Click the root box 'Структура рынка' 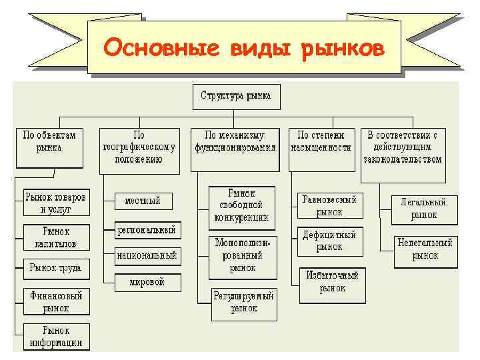(x=236, y=96)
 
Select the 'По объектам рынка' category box (x=49, y=147)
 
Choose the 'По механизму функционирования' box (x=235, y=147)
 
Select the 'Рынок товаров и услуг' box (x=55, y=203)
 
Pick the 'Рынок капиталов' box (x=55, y=238)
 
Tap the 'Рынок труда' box (x=55, y=268)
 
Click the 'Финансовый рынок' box (x=55, y=301)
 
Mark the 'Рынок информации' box (x=55, y=337)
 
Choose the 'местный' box (x=143, y=201)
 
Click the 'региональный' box (x=146, y=230)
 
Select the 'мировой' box (x=147, y=282)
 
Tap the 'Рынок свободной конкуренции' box (x=241, y=205)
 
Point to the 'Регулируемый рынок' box (x=244, y=302)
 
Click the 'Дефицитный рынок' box (x=329, y=241)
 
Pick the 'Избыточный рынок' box (x=332, y=282)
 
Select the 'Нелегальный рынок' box (x=425, y=249)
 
